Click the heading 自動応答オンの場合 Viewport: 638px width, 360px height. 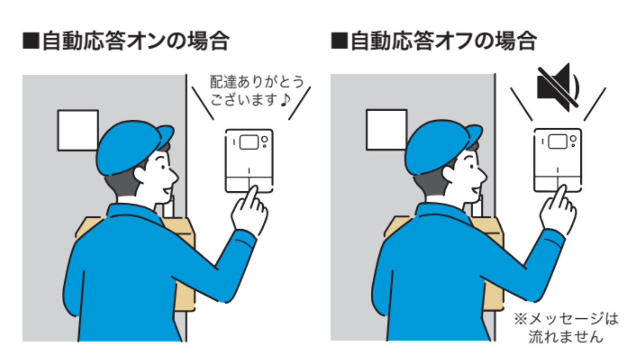coord(136,41)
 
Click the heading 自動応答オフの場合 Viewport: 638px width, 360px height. coord(444,41)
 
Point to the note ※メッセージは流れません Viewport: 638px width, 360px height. coord(566,328)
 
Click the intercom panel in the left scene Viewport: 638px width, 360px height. coord(249,161)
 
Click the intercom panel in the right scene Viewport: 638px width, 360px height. coord(557,160)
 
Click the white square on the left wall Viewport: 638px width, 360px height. coord(78,130)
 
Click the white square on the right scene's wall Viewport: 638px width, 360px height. coord(387,130)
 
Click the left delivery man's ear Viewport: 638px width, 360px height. coord(141,174)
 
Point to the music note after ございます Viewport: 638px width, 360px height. coord(285,100)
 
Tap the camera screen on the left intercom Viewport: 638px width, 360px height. coord(249,142)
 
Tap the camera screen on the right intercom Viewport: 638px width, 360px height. coord(557,141)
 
